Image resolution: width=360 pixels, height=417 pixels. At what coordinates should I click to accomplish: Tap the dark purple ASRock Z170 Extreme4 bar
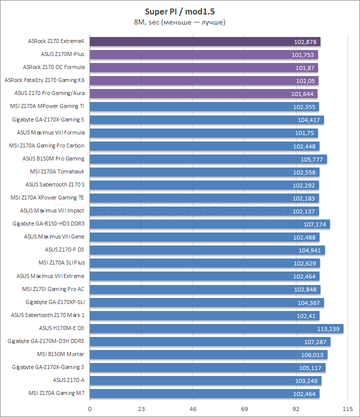coord(205,41)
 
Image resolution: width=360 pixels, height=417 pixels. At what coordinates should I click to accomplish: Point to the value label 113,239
coord(328,328)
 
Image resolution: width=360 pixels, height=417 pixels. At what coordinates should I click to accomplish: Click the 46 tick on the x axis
coord(192,408)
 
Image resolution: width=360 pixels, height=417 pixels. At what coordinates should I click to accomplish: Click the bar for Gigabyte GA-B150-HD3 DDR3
coord(209,224)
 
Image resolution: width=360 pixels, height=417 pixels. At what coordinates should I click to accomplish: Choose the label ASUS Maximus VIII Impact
coord(52,211)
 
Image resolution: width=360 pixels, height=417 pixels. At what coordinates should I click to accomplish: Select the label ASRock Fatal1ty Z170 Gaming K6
coord(44,80)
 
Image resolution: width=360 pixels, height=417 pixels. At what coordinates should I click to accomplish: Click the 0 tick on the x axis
coord(89,408)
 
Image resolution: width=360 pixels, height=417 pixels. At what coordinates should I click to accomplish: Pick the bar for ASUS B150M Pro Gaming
coord(208,159)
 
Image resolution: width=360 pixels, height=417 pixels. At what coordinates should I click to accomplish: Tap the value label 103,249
coord(307,380)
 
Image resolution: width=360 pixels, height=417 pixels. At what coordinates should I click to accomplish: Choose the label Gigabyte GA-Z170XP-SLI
coord(55,302)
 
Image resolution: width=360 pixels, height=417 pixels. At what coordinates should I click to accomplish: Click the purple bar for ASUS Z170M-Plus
coord(203,54)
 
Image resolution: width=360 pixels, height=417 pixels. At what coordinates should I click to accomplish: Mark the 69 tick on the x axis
coord(244,408)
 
